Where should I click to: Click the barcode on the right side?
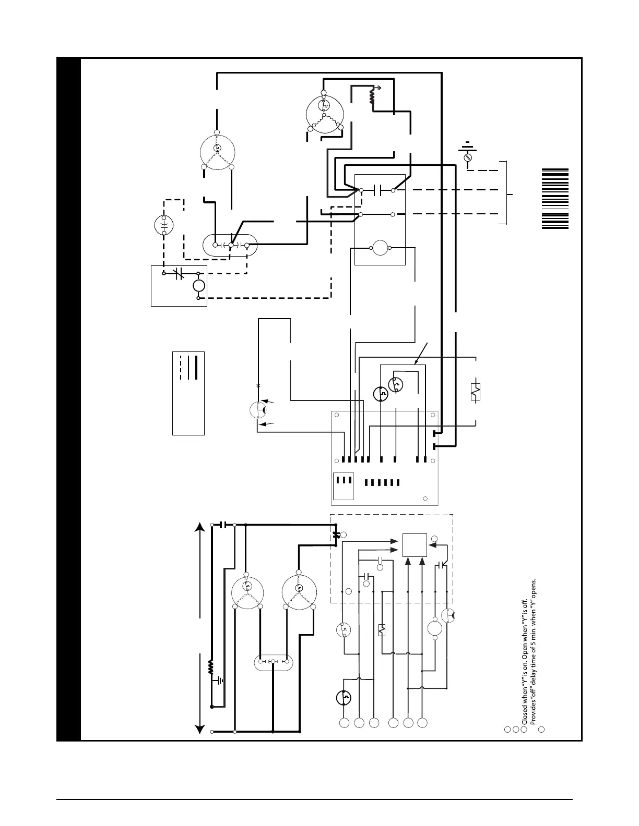[x=554, y=198]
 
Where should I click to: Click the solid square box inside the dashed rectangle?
[x=415, y=545]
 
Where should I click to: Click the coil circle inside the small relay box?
[x=198, y=286]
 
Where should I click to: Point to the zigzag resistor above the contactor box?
[x=373, y=96]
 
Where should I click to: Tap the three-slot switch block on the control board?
[x=344, y=480]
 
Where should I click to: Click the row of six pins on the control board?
[x=382, y=482]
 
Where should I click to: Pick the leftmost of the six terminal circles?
[x=344, y=723]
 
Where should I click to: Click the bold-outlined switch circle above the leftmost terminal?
[x=344, y=698]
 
